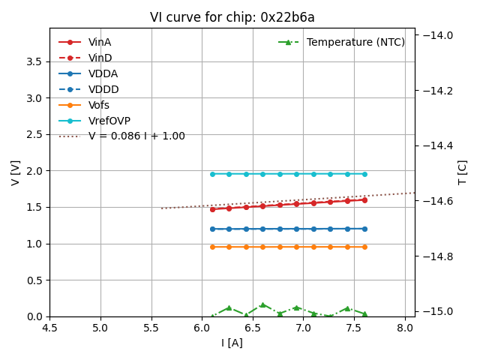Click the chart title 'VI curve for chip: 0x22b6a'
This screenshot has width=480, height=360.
pos(232,17)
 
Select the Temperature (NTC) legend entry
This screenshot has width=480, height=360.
pos(355,42)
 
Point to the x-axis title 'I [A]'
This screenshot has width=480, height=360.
pos(232,343)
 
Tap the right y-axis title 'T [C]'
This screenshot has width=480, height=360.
pos(462,172)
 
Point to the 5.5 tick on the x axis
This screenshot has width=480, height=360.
pos(151,328)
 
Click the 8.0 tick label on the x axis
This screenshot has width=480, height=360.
pos(406,328)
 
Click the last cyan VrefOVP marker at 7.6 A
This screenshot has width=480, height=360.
pos(364,174)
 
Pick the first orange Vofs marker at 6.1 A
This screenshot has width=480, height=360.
pos(212,247)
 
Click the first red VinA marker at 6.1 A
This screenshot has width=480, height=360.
pos(212,209)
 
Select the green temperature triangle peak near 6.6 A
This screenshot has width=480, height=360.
pos(262,304)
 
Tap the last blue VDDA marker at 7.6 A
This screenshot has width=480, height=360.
pos(364,229)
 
